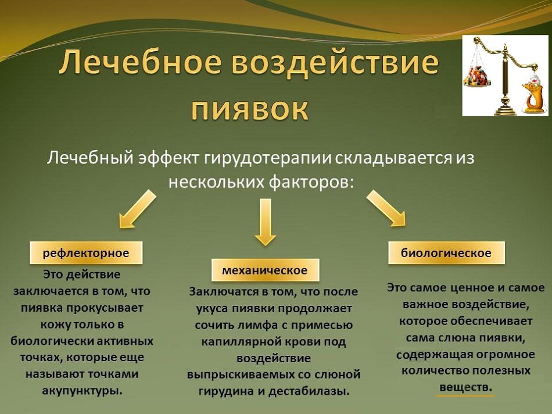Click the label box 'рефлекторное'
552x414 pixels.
point(86,252)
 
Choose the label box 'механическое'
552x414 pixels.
point(265,270)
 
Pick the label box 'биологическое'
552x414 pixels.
point(446,252)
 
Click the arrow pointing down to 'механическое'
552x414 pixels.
point(266,222)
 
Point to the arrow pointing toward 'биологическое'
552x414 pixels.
point(386,208)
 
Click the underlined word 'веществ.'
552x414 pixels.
point(465,387)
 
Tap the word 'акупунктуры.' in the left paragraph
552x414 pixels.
point(82,390)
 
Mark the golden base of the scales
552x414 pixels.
point(505,108)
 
